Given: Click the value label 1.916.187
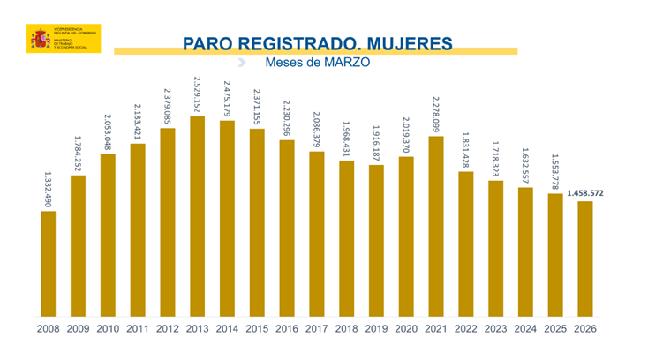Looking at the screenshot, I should click(x=376, y=142).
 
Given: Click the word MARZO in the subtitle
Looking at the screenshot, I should click(x=346, y=64).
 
